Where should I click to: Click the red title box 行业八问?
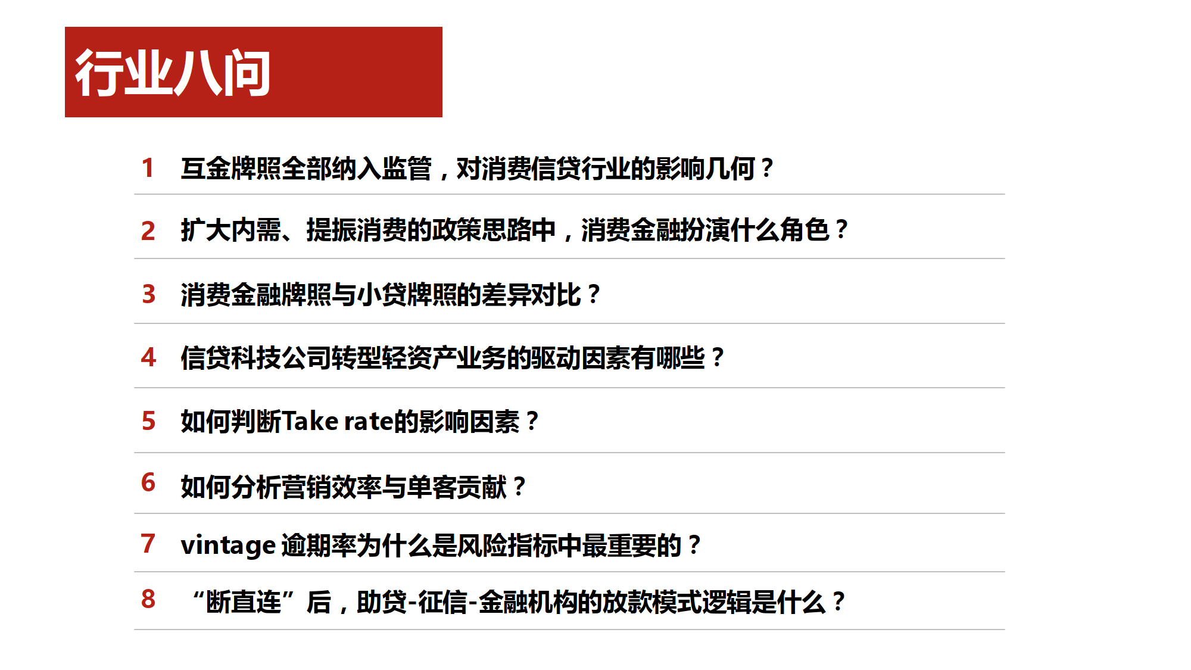254,72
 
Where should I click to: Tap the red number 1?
148,168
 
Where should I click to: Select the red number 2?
148,231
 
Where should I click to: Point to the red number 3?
149,294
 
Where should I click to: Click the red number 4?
149,357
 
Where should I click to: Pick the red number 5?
149,421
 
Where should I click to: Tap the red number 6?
148,482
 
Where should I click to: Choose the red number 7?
148,544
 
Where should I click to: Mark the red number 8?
148,599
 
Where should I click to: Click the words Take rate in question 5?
337,422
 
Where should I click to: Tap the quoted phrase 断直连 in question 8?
244,602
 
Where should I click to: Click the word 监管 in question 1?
407,169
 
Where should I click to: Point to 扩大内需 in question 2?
231,230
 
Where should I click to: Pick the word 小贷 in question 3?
381,295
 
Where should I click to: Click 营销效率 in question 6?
331,487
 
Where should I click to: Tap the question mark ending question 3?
594,295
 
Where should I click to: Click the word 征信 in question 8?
443,602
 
